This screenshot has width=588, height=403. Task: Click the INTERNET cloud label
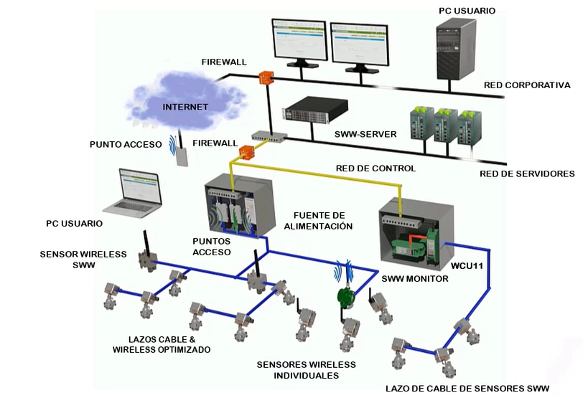point(185,107)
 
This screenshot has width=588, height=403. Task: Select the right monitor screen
point(358,42)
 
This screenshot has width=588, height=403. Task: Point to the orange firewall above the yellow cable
point(247,152)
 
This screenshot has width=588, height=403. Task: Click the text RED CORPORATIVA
point(527,85)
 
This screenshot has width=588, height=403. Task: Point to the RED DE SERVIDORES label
point(527,174)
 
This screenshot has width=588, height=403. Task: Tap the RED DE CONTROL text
point(375,169)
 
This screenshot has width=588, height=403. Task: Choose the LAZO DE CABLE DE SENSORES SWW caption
point(467,389)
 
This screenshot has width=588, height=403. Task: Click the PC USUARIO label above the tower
point(467,11)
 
